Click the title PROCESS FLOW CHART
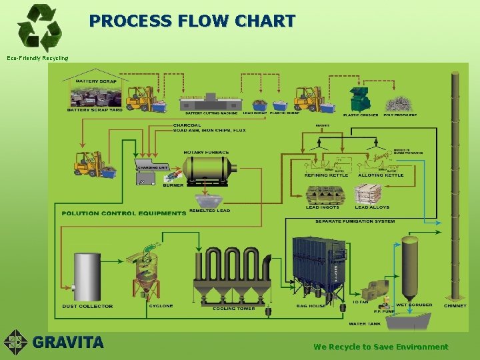click(x=192, y=21)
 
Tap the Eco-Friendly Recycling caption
click(x=37, y=58)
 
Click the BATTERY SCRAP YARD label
click(x=95, y=110)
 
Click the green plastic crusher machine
click(x=360, y=99)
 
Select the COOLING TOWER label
click(x=233, y=308)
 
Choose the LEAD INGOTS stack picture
click(x=323, y=195)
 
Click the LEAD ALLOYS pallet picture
click(x=368, y=195)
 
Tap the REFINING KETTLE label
click(x=325, y=175)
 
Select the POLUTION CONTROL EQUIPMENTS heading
click(x=124, y=213)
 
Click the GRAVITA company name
click(x=69, y=343)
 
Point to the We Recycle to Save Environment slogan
click(x=381, y=347)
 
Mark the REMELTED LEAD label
click(x=209, y=211)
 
